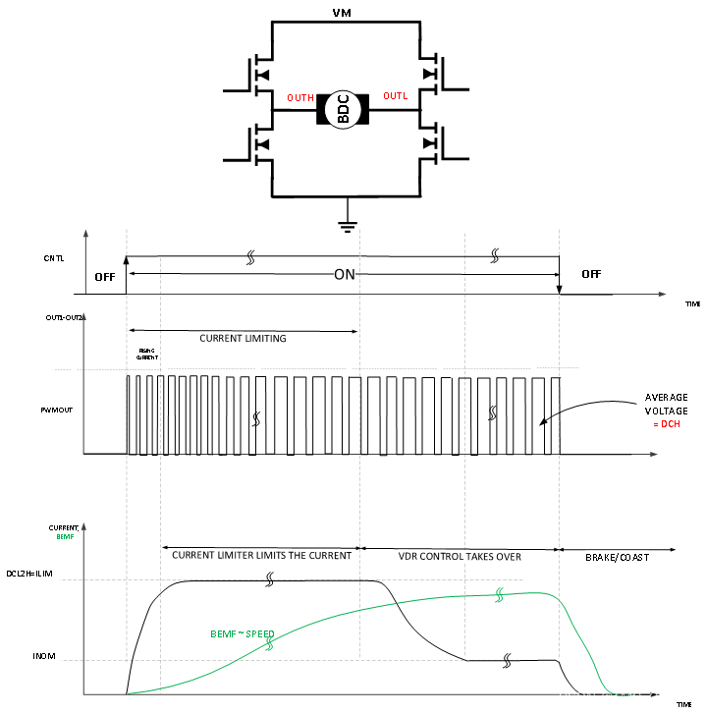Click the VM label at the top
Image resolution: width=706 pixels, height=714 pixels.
coord(343,14)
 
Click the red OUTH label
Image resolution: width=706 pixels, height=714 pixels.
coord(300,98)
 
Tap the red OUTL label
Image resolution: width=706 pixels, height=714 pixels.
coord(396,96)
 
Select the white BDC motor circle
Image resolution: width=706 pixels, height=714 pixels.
coord(344,109)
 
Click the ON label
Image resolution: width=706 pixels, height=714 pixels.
coord(345,275)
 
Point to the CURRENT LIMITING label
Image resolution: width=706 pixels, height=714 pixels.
coord(243,339)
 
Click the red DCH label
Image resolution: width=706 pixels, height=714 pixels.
coord(670,424)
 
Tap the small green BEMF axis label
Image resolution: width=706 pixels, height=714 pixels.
coord(65,537)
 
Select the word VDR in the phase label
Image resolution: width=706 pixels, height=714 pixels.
coord(408,557)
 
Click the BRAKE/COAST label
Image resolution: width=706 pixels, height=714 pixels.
coord(617,558)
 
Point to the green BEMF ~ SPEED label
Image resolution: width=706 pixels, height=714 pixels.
coord(243,634)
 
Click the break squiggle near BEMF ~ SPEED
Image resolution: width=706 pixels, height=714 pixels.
coord(269,642)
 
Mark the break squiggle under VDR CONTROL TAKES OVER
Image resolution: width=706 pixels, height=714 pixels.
coord(499,595)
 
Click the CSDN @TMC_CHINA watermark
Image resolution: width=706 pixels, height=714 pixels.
coord(624,697)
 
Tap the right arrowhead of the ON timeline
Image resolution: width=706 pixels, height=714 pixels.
coord(663,294)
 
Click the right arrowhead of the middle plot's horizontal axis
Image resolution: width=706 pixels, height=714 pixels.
coord(653,454)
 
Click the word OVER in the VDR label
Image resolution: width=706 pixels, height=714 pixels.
coord(507,557)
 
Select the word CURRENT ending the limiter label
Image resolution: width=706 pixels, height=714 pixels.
coord(329,556)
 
